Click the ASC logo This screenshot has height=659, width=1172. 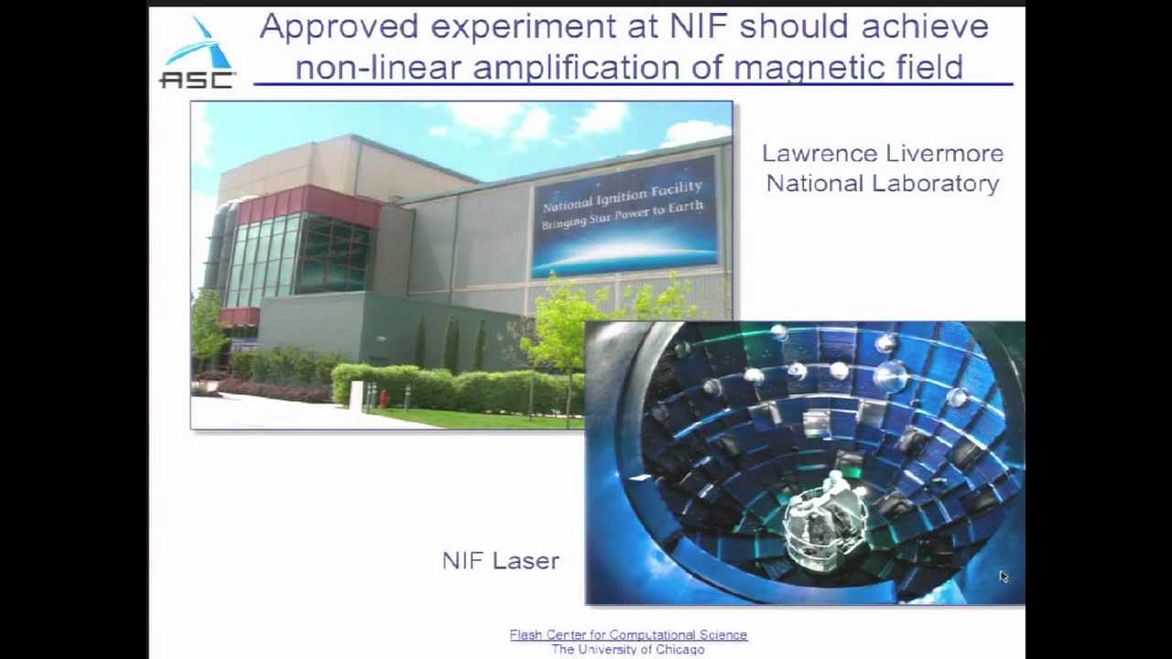pos(197,55)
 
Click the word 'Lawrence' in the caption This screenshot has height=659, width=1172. pos(819,154)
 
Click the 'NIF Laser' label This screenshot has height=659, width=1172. pos(500,561)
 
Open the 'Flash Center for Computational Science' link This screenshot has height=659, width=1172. pos(628,634)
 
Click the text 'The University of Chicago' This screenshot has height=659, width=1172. pos(628,649)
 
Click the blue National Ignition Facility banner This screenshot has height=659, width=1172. pos(624,216)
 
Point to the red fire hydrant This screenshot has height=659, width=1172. pos(385,399)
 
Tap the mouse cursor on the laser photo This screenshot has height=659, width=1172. pos(1003,576)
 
